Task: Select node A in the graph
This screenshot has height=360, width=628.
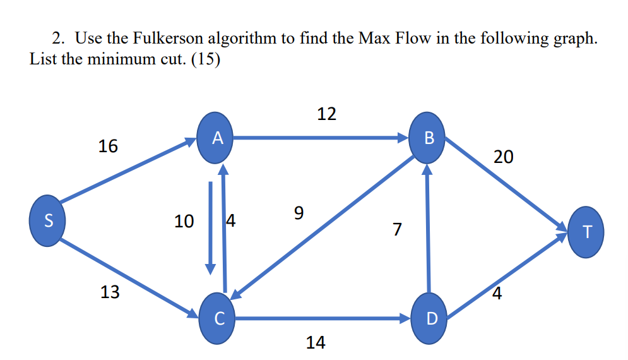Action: coord(216,138)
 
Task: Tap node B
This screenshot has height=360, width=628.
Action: coord(429,138)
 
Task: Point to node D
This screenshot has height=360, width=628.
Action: coord(430,319)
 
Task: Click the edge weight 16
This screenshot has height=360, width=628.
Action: coord(108,147)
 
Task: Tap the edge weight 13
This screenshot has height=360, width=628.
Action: coord(110,292)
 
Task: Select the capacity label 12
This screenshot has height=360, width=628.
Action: coord(326,114)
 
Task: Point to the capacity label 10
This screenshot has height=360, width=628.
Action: coord(184,222)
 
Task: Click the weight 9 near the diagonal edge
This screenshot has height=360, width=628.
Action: coord(299,213)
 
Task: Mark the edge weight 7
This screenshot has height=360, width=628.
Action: coord(396,229)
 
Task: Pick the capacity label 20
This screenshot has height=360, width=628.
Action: coord(504,157)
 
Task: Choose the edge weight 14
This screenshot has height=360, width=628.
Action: coord(316,343)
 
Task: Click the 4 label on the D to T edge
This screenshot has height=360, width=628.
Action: coord(497,294)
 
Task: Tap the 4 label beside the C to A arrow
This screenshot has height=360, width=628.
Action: coord(230,221)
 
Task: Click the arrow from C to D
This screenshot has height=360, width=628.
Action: coord(322,319)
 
